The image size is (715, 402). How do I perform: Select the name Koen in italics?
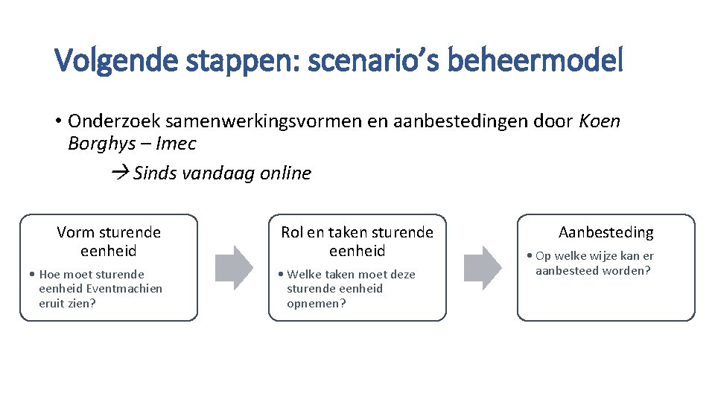click(x=600, y=121)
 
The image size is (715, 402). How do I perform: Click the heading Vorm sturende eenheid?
click(x=109, y=241)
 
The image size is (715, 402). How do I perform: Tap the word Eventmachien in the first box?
click(x=124, y=288)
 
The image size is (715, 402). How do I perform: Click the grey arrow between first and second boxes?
click(x=234, y=267)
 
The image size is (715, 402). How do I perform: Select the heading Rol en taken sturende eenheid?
click(x=357, y=241)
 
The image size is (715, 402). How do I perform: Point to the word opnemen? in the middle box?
click(x=317, y=303)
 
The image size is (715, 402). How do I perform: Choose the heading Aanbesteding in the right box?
click(x=606, y=232)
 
